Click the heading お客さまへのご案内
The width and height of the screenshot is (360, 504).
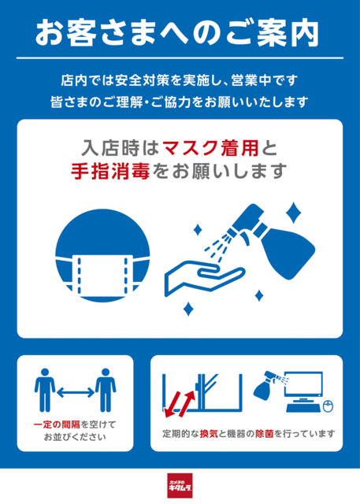(x=177, y=33)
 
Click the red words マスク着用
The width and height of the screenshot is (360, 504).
(x=211, y=148)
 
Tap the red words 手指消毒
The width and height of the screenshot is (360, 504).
(x=110, y=171)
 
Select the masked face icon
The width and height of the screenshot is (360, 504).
(x=102, y=255)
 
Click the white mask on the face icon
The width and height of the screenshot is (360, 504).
(x=102, y=275)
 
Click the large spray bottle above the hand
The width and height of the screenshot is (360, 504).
(x=273, y=241)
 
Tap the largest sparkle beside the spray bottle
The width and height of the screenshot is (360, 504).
(x=294, y=213)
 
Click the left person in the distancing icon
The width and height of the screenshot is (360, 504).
(x=45, y=390)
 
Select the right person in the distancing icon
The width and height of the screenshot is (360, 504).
(x=106, y=390)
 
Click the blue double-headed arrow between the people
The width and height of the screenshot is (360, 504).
(x=76, y=392)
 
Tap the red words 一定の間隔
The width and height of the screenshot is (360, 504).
(x=57, y=424)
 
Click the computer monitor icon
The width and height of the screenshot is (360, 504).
(x=304, y=387)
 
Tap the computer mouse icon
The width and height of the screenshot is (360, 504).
(x=328, y=406)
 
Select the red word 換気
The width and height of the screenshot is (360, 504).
(x=209, y=434)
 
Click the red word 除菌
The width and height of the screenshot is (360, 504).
(x=265, y=434)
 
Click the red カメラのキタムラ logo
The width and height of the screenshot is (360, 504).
(x=180, y=485)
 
